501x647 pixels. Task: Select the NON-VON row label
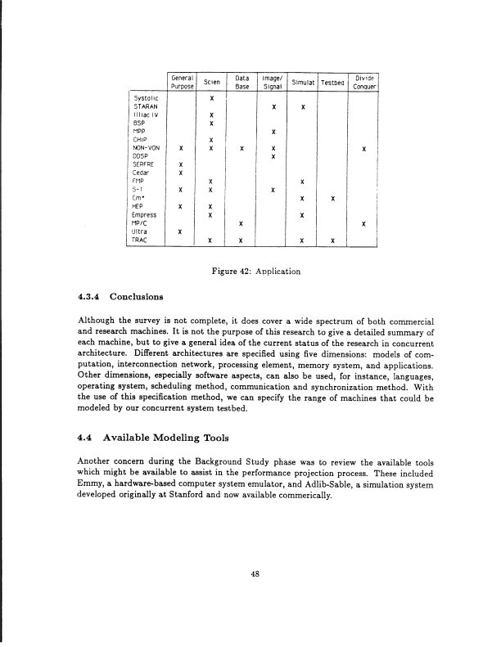[x=148, y=148]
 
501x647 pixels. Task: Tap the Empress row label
[x=147, y=215]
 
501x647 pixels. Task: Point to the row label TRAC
[x=142, y=240]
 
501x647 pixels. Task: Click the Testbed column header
[x=332, y=82]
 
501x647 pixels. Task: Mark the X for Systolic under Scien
[x=211, y=98]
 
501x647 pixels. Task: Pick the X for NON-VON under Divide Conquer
[x=363, y=149]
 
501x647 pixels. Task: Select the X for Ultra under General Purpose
[x=180, y=232]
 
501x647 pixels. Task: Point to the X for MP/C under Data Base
[x=241, y=224]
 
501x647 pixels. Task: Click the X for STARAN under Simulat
[x=303, y=107]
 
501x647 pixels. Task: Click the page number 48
[x=255, y=573]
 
